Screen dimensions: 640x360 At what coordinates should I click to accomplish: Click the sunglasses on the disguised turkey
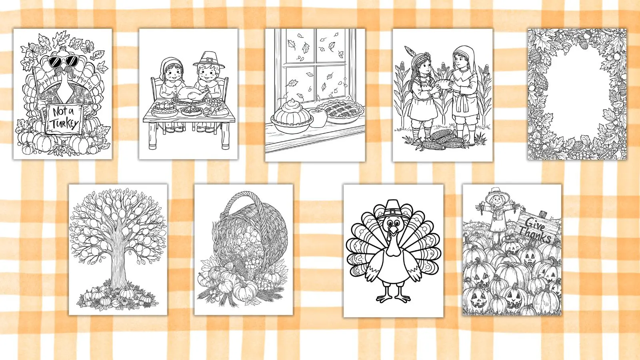[62, 61]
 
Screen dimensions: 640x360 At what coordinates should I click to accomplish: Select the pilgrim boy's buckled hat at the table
[209, 60]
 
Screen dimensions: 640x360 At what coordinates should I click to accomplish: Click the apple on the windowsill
[318, 118]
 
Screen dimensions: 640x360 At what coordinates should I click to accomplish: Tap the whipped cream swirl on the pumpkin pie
[291, 104]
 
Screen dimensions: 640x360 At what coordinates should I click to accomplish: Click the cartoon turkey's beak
[394, 230]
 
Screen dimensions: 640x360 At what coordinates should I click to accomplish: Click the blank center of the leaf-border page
[577, 94]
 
